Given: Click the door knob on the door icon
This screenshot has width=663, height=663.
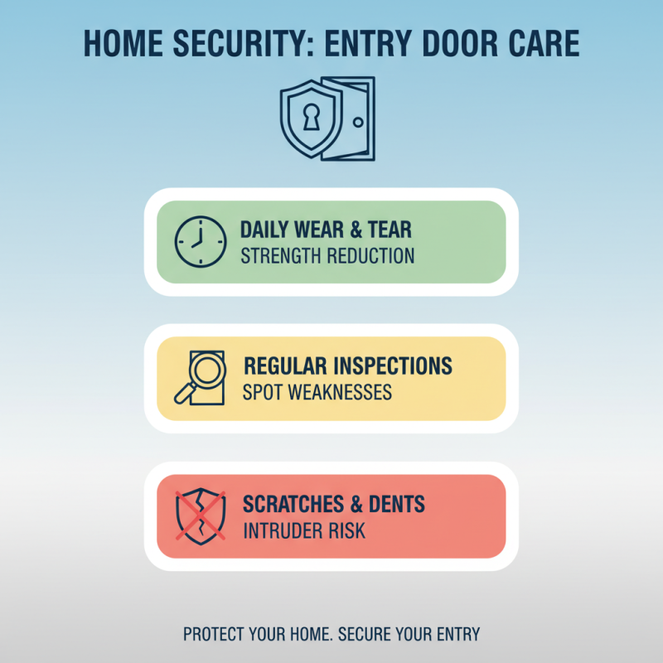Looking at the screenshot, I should click(357, 122).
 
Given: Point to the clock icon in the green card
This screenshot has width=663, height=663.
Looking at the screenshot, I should click(200, 242).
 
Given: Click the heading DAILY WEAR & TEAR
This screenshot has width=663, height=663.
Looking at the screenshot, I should click(326, 230).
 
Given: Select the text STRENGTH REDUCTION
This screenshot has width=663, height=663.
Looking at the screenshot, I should click(327, 255).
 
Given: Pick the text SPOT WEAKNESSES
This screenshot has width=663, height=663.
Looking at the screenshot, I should click(317, 392).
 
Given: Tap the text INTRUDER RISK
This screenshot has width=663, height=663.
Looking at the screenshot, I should click(304, 531).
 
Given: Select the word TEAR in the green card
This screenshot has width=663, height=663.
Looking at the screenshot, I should click(389, 230).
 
